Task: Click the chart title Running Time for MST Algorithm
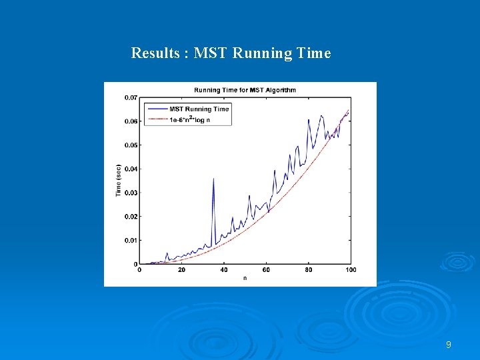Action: tap(245, 90)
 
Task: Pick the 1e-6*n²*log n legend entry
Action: tap(191, 119)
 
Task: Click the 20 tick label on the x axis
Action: tap(181, 270)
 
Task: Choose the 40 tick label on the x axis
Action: tap(223, 270)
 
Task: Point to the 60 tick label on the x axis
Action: tap(266, 270)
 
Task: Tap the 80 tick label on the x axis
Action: tap(308, 270)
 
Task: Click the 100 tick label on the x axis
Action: tap(351, 270)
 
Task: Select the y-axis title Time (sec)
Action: tap(118, 180)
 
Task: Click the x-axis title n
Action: tap(245, 278)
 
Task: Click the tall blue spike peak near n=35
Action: tap(213, 179)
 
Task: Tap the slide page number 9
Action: tap(448, 345)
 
